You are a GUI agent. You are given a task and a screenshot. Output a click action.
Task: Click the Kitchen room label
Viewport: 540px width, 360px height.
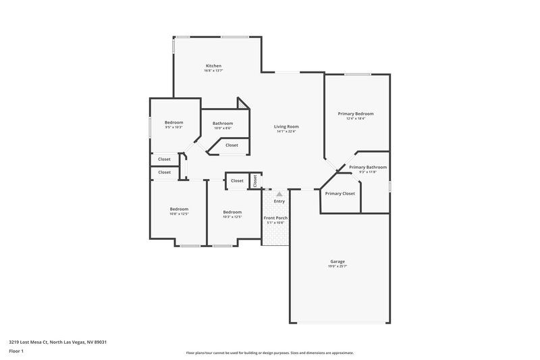pos(213,66)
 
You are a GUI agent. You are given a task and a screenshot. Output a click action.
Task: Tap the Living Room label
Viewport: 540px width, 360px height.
pos(286,126)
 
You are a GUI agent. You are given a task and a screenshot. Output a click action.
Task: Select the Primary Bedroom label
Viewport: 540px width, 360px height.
pos(356,113)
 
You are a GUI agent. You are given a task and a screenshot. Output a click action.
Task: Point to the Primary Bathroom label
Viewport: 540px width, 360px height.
pos(368,167)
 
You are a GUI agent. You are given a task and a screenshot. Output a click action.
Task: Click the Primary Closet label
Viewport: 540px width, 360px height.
pos(340,194)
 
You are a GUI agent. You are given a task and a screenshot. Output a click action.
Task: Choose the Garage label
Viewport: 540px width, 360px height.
pos(337,261)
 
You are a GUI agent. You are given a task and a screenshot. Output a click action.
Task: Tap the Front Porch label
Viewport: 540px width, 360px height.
pos(276,217)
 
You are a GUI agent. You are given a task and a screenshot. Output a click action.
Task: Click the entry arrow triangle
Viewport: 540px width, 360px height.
pos(279,193)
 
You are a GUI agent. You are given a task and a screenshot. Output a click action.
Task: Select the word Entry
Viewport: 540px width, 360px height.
pos(279,201)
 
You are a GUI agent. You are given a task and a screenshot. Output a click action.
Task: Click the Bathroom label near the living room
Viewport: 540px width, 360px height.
pos(223,123)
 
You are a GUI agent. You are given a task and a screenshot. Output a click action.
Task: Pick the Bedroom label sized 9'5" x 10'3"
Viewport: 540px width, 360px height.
pos(174,122)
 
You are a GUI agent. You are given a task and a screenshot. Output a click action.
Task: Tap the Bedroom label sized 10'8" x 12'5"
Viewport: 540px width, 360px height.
pos(179,209)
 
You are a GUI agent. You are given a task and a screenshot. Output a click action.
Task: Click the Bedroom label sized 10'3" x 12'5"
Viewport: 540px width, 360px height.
pos(232,211)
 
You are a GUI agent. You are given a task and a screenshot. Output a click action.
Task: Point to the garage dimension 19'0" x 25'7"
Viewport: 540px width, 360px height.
pos(337,267)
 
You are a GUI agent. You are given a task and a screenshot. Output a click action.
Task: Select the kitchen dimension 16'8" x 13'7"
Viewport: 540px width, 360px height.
pos(213,70)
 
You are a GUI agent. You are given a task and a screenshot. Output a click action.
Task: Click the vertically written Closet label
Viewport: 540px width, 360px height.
pos(255,181)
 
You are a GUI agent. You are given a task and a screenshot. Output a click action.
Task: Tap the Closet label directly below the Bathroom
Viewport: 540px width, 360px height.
pos(232,145)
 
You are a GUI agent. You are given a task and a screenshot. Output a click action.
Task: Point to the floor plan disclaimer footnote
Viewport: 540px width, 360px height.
pos(270,353)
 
